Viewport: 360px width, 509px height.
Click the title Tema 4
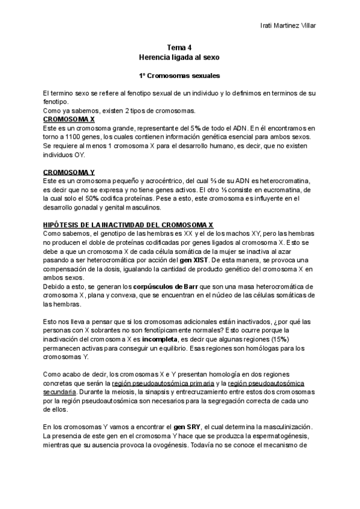tap(179, 47)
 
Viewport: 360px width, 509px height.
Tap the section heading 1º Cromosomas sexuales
tap(179, 77)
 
